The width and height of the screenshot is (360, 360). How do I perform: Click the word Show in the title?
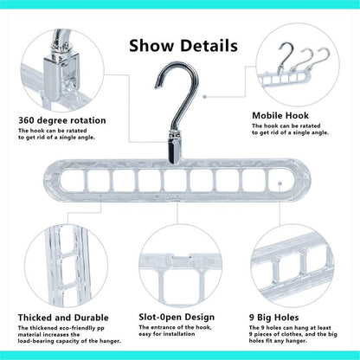(151, 46)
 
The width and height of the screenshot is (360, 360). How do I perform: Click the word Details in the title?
(209, 46)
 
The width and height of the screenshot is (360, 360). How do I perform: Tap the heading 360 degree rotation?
(62, 120)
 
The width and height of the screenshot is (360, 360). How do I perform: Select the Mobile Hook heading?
(280, 116)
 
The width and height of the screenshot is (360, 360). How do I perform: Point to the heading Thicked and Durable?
(63, 318)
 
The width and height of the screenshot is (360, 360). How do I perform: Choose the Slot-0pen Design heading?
(177, 318)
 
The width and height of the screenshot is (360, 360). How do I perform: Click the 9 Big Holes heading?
(273, 318)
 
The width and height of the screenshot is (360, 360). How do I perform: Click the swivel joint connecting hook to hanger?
(175, 148)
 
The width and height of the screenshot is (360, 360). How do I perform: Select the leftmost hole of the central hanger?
(72, 181)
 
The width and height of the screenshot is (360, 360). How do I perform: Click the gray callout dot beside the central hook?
(204, 97)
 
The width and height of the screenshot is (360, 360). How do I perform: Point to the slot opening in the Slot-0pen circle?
(180, 258)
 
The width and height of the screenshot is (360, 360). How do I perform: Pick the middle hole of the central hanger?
(176, 181)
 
